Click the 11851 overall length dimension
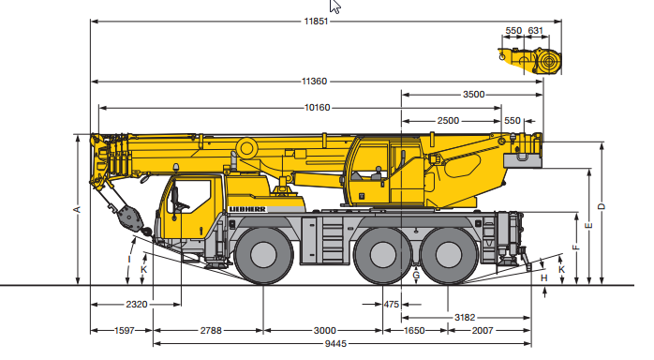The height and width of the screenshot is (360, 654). pos(316,22)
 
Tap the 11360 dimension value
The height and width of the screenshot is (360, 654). pos(314,82)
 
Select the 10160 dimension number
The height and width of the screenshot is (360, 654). pos(318,108)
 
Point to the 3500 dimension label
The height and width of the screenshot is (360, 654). pos(474,95)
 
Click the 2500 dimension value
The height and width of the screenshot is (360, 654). pos(448,121)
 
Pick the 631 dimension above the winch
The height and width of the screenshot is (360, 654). pos(536,30)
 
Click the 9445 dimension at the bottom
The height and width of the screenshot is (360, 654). pos(335,344)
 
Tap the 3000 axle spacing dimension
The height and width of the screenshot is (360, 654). pos(324,331)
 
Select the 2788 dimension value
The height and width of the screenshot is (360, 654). pos(211,331)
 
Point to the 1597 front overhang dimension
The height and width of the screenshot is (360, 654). pos(125,331)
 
